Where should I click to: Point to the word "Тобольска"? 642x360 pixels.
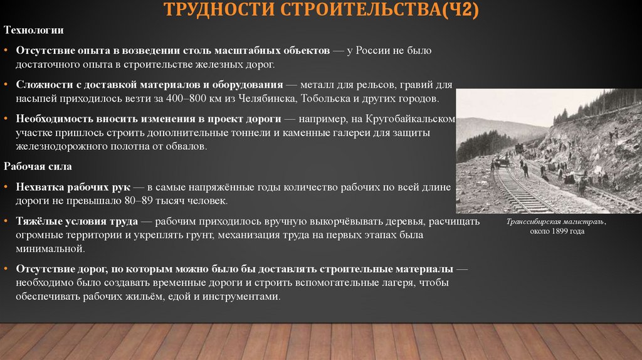point(327,98)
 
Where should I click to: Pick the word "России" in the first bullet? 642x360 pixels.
point(376,50)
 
